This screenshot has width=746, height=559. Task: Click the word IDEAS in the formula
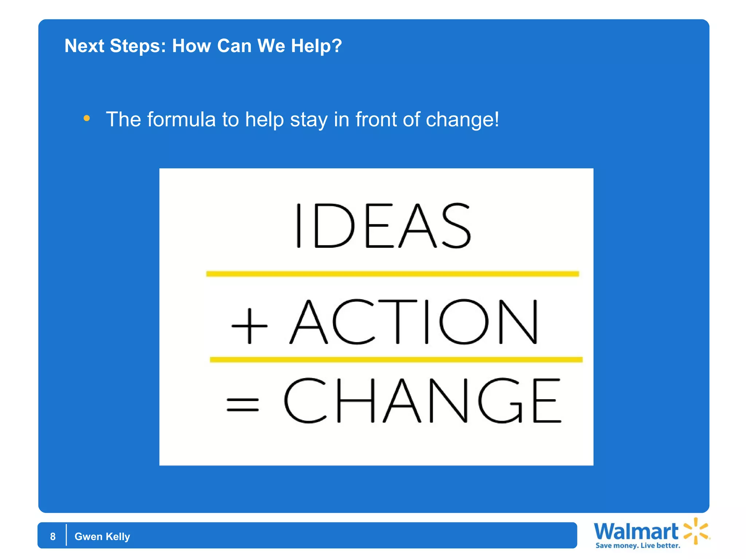pos(383,226)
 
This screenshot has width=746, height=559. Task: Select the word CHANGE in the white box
pos(423,400)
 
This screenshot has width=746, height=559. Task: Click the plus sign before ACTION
pos(250,326)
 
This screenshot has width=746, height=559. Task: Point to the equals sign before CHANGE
pos(243,404)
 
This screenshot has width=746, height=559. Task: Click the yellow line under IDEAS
pos(392,274)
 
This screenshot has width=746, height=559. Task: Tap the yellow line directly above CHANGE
pos(396,360)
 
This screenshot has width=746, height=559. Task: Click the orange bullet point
pos(87,118)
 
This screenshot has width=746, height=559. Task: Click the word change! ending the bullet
pos(462,119)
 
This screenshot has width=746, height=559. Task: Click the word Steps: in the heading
pos(138,46)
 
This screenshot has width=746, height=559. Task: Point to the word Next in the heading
pos(85,46)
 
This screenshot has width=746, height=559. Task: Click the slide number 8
pos(53,536)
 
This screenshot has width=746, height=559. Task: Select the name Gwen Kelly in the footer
pos(102,536)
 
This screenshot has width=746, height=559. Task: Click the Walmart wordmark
pos(636,532)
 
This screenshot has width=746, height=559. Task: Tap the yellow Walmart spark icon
pos(696,531)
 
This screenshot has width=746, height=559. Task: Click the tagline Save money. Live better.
pos(637,546)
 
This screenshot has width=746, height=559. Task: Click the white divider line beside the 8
pos(66,535)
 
